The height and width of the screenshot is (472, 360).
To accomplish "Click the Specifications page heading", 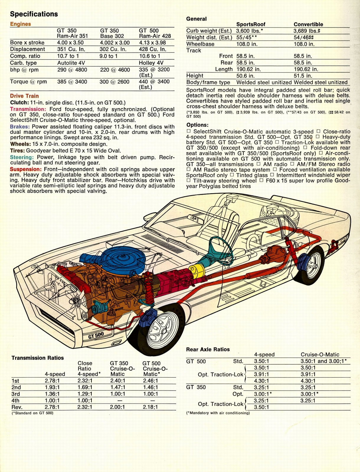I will (x=34, y=14).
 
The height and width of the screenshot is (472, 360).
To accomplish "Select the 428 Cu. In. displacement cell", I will (x=152, y=49).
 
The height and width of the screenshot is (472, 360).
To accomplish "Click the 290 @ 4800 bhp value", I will (x=72, y=70).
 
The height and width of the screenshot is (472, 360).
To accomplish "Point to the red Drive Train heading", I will (x=24, y=96).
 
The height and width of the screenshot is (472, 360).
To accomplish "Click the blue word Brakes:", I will (x=19, y=127).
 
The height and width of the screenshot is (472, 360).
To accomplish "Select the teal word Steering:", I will (x=22, y=157).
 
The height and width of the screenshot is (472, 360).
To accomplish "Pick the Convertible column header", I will (x=308, y=24).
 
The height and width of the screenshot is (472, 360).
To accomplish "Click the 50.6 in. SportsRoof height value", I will (x=245, y=76).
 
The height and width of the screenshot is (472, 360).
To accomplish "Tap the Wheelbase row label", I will (x=200, y=44).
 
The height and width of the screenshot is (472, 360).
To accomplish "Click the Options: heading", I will (x=197, y=125).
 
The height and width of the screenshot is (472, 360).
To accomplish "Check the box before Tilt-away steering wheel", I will (x=189, y=181).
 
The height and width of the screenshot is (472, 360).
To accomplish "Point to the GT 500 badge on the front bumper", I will (x=96, y=335).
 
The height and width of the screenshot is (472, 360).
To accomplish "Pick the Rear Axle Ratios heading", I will (x=208, y=349).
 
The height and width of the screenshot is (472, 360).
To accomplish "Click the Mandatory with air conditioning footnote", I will (x=218, y=413).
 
